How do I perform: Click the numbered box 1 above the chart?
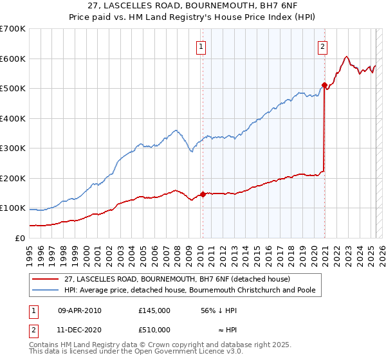click(201, 46)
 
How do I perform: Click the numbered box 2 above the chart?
click(322, 46)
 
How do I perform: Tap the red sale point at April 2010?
click(203, 194)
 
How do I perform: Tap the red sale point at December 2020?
click(324, 84)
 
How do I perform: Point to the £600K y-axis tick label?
click(13, 59)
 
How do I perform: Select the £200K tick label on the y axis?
click(13, 178)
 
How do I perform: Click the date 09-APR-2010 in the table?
click(79, 310)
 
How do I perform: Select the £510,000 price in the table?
click(154, 330)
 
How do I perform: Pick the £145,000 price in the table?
click(154, 310)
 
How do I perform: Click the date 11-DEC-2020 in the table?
click(79, 330)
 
